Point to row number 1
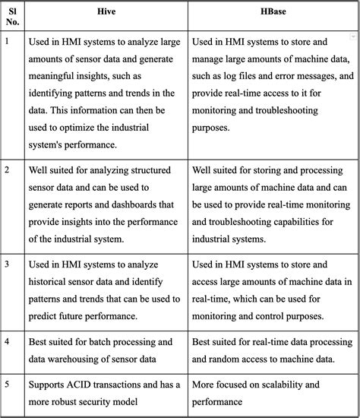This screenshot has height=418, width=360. point(8,43)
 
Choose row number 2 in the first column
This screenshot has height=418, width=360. point(8,171)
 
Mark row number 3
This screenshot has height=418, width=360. point(8,265)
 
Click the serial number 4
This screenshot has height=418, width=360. point(8,343)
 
